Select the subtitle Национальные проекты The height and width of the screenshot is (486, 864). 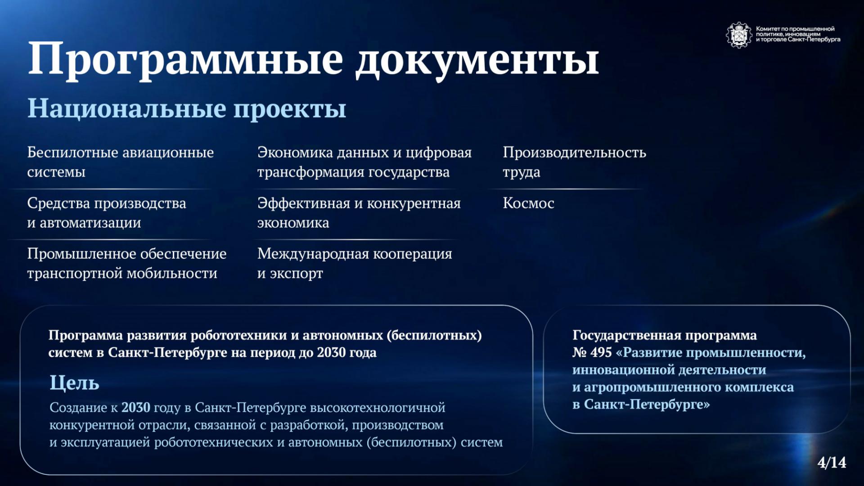(187, 109)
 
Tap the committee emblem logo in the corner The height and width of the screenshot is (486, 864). (739, 35)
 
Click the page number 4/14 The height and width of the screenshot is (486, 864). (832, 462)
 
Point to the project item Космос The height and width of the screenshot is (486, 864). (528, 203)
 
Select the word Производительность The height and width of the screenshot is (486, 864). (574, 153)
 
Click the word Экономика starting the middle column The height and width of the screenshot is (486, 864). (295, 153)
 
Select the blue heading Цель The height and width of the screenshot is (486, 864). (74, 382)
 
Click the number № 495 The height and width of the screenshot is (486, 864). (592, 352)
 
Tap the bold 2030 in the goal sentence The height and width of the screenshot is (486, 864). (135, 407)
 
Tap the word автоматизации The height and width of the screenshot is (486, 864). (90, 223)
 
